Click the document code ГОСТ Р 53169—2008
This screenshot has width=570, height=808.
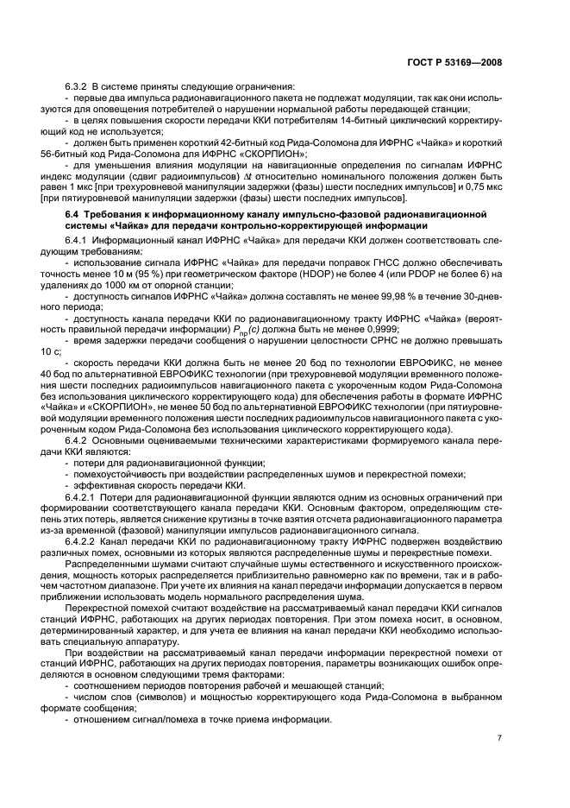pyautogui.click(x=454, y=62)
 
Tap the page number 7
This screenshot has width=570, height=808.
pyautogui.click(x=499, y=737)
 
